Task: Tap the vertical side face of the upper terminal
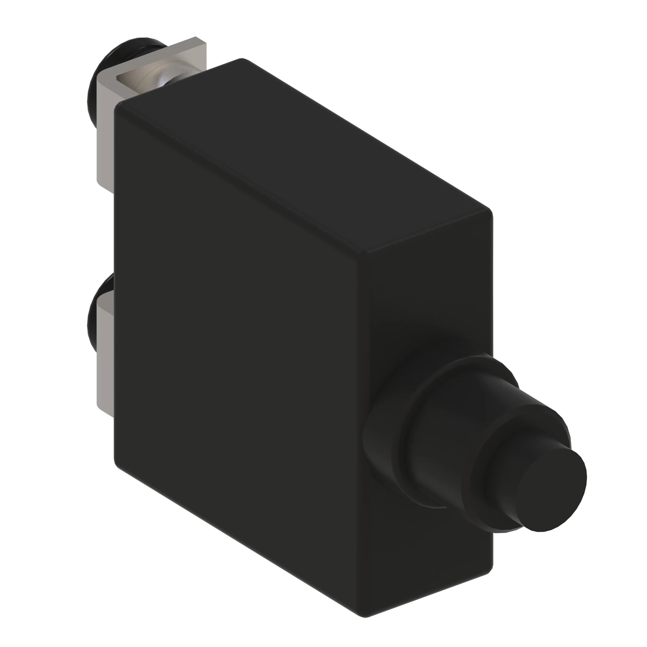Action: coord(105,134)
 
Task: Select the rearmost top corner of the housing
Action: coord(241,60)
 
